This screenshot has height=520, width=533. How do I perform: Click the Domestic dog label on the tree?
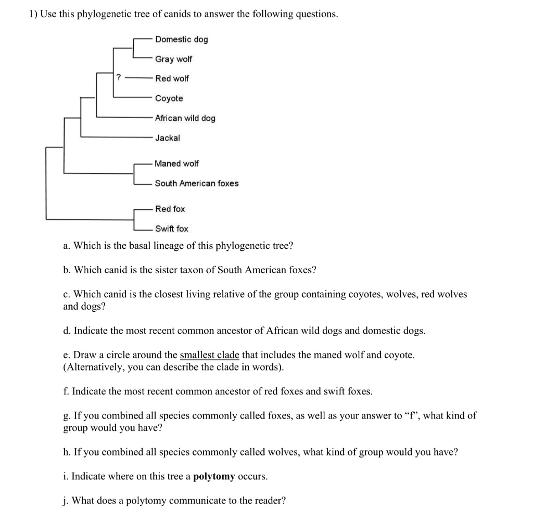pos(181,40)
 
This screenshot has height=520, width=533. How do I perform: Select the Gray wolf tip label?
pos(173,59)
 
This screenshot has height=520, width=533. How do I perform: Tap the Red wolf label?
pos(172,79)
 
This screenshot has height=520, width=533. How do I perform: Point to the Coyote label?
pos(169,98)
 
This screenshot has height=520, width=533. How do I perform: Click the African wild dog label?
pos(185,118)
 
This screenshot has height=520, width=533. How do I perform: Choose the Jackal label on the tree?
pos(167,138)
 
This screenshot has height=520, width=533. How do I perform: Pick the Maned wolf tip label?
pos(176,163)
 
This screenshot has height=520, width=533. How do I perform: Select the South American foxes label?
pos(197,183)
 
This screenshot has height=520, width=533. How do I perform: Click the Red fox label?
pos(170,209)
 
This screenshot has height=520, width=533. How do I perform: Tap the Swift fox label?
pos(172,229)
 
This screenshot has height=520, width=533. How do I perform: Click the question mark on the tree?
pos(119,78)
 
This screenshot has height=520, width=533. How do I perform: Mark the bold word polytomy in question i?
pos(214,476)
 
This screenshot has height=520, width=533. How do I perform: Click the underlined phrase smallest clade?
pos(209,355)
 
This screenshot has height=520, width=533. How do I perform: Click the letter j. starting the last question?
pos(65,501)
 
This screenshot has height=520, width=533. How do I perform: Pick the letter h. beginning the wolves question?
pos(66,452)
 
